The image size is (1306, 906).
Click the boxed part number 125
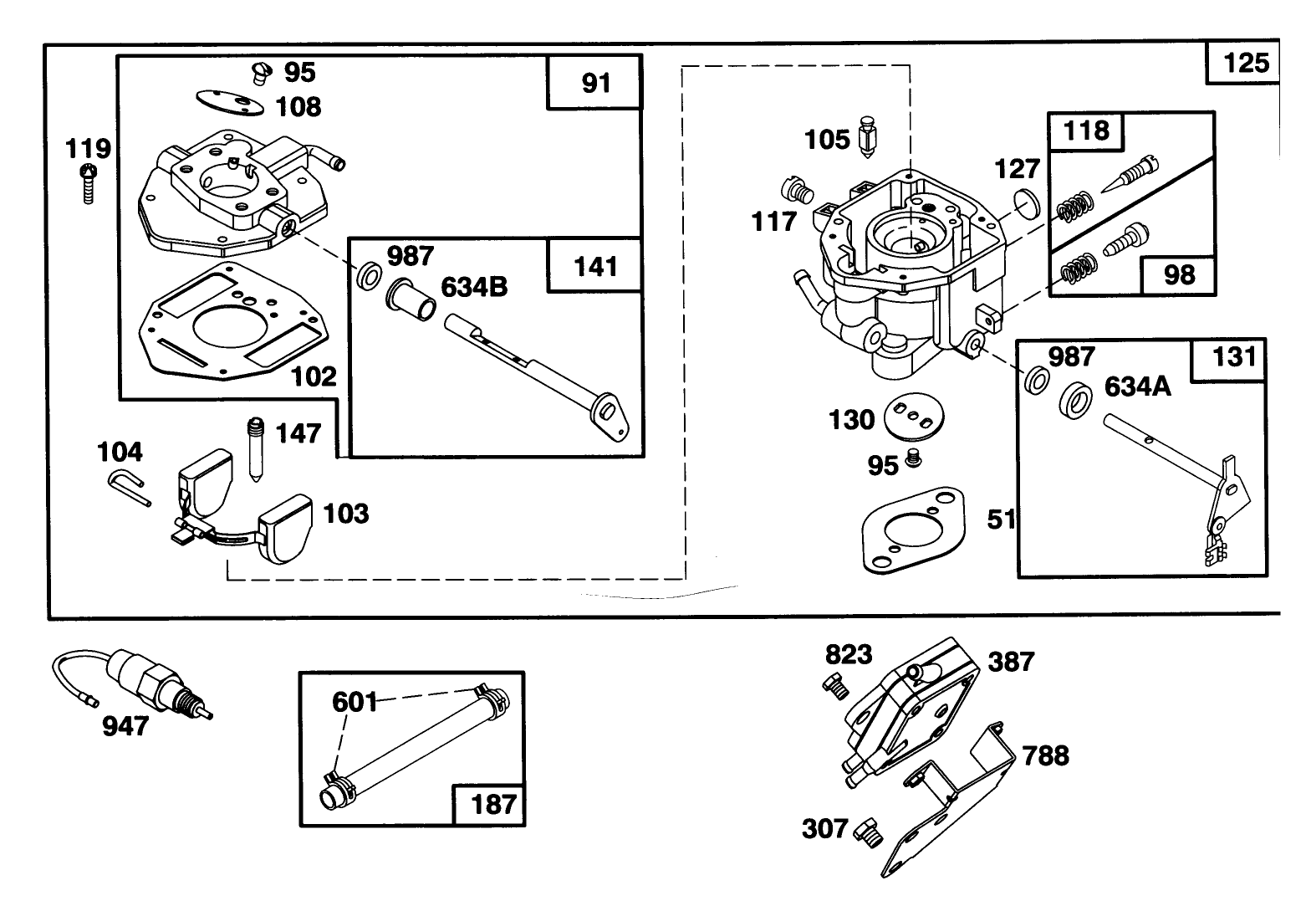(x=1245, y=63)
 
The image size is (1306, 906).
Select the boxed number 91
(x=594, y=84)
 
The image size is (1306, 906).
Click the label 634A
(x=1138, y=386)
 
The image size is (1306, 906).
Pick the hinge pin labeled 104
(x=128, y=487)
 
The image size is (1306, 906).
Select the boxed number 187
(x=493, y=804)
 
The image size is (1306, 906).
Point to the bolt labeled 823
(x=836, y=685)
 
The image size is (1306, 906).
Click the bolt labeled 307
(x=865, y=832)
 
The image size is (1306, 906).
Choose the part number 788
(x=1045, y=755)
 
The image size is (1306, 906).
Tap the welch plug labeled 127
(x=1025, y=203)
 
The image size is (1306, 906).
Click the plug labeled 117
(x=800, y=191)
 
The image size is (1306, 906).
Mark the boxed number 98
(x=1179, y=274)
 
